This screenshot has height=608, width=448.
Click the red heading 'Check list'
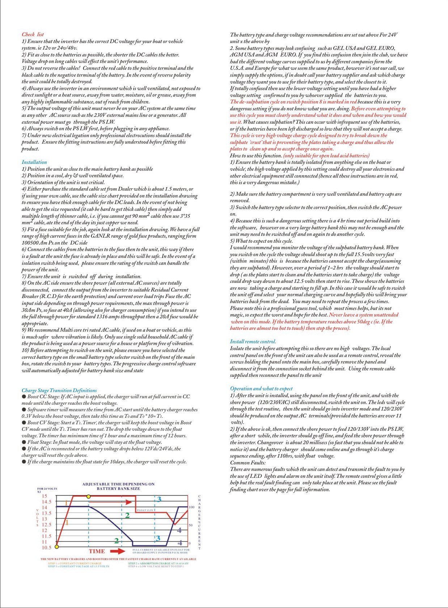click(x=33, y=34)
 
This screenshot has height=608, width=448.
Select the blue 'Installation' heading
click(x=34, y=162)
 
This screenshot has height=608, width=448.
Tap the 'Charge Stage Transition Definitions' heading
click(x=59, y=390)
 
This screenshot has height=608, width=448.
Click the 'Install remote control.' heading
click(x=253, y=341)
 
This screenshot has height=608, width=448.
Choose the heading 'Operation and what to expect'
click(x=261, y=388)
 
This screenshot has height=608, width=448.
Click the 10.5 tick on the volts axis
click(x=47, y=548)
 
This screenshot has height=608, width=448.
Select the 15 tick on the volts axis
click(x=45, y=496)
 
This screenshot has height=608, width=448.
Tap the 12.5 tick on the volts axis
click(x=47, y=524)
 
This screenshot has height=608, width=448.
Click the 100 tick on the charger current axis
click(x=192, y=507)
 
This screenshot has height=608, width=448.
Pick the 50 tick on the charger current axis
click(x=190, y=525)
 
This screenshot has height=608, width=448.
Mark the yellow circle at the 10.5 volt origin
click(x=57, y=547)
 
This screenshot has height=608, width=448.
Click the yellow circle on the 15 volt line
click(x=89, y=496)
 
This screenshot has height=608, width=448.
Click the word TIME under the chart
click(x=97, y=552)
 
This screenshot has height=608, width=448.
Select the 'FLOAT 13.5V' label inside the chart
click(x=146, y=510)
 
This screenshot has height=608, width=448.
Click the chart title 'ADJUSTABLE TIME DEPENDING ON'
click(x=118, y=484)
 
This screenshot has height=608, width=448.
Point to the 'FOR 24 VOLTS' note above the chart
click(x=47, y=489)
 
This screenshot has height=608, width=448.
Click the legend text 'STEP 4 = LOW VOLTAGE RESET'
click(x=155, y=566)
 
